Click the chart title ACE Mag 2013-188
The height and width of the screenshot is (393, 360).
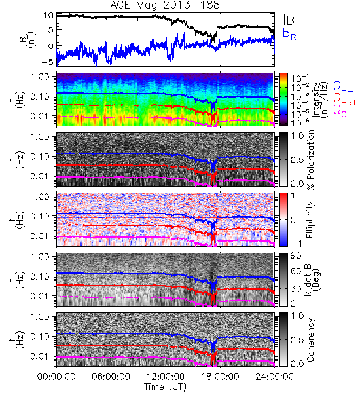[165, 5]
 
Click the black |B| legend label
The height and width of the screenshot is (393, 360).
[291, 19]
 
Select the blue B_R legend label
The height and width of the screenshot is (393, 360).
[289, 33]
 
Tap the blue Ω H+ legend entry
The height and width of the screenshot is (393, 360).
[343, 87]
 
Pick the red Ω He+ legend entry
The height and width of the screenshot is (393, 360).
[345, 99]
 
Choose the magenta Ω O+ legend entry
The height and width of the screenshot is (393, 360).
[343, 111]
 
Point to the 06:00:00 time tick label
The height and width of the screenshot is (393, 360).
[111, 377]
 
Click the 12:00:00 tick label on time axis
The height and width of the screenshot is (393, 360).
[166, 377]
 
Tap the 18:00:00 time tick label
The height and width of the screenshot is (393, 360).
[220, 377]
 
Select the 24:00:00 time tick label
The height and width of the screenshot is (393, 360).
[274, 377]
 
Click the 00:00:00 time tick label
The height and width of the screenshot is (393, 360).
[56, 377]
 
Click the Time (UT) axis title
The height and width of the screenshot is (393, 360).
[165, 386]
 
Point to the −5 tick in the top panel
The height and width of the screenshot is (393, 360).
[47, 62]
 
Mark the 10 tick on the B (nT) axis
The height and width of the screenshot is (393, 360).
[48, 16]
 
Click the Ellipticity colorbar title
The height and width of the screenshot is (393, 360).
[310, 220]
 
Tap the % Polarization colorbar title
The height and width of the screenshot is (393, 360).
[310, 160]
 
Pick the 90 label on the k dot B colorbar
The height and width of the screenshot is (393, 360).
[296, 255]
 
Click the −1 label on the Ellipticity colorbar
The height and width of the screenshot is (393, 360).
[296, 244]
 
